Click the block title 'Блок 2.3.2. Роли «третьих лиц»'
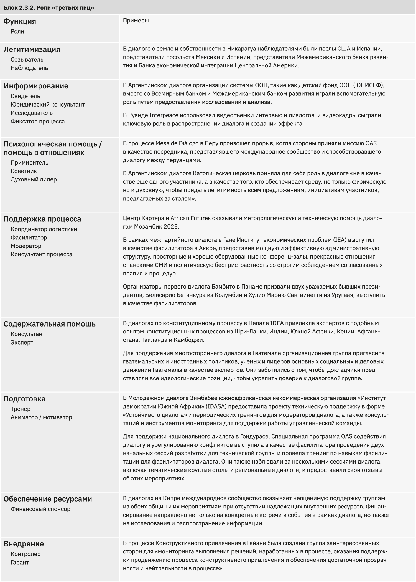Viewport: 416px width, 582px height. (49, 8)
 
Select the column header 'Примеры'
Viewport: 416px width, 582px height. (136, 21)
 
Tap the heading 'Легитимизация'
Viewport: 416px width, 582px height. (32, 49)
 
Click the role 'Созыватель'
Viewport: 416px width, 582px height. (27, 60)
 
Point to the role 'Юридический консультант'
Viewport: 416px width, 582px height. (48, 105)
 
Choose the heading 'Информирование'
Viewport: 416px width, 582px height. (36, 86)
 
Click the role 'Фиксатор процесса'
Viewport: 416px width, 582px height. (38, 121)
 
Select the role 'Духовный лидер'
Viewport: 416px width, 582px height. (34, 179)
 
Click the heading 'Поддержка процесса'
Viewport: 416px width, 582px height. (42, 219)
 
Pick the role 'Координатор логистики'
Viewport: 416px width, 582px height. (44, 229)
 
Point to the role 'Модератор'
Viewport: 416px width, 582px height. (26, 246)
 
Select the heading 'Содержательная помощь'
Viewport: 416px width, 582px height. (50, 324)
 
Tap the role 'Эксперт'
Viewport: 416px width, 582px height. (22, 343)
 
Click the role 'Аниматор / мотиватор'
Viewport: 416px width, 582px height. (41, 417)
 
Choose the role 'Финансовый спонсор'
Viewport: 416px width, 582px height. (40, 509)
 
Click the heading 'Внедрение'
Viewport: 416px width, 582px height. (24, 544)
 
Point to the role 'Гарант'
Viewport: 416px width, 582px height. (20, 562)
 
